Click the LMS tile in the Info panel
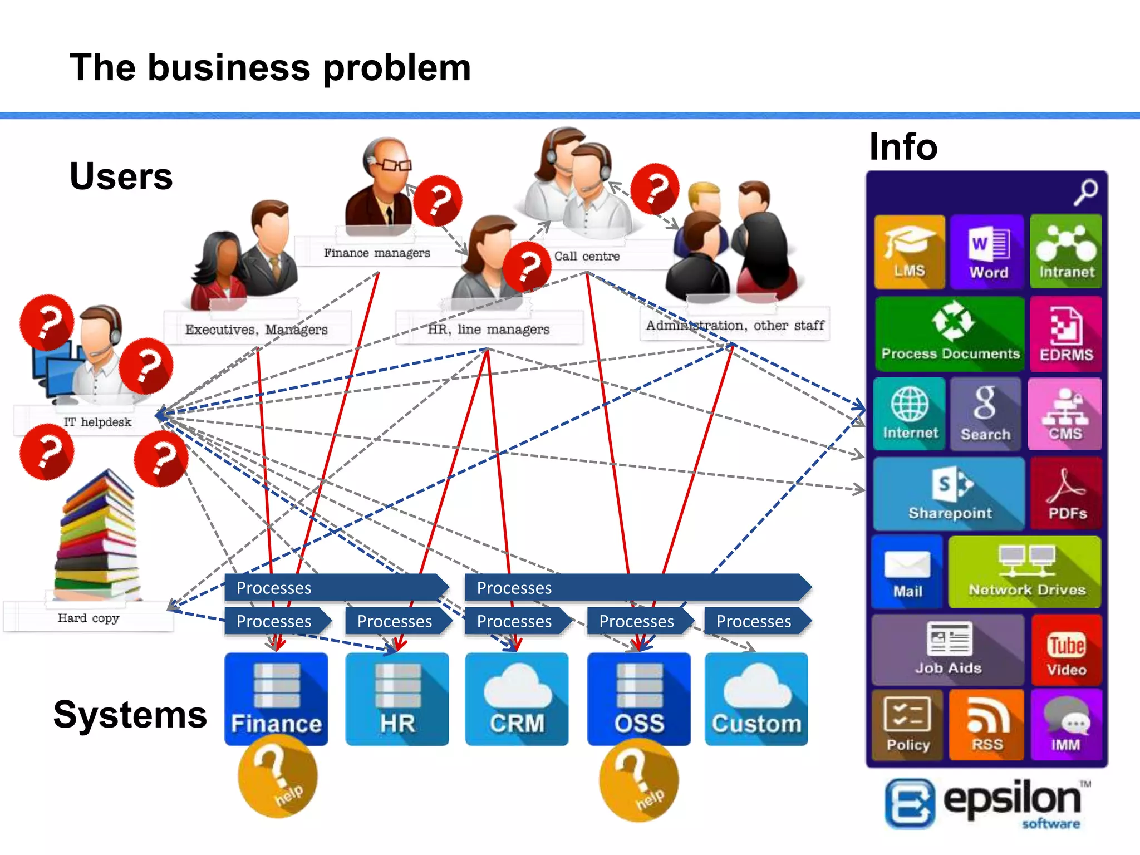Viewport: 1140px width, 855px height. (909, 252)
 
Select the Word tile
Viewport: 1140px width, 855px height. (987, 252)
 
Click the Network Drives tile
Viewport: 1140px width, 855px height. (1025, 572)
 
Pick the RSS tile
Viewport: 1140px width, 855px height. (986, 725)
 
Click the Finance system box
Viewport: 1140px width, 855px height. (276, 699)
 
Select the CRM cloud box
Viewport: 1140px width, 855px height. (517, 699)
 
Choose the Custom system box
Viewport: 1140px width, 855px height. (756, 699)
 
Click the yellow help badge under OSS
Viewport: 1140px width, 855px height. (639, 782)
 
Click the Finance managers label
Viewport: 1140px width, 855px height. (377, 253)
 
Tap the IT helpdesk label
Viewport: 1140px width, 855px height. (97, 422)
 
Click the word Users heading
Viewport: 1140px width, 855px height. (121, 176)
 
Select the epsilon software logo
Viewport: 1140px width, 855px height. (985, 803)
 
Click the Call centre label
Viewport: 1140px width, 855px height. (587, 256)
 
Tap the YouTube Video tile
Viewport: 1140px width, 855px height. (1066, 650)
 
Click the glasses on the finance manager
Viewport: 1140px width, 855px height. (396, 165)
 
